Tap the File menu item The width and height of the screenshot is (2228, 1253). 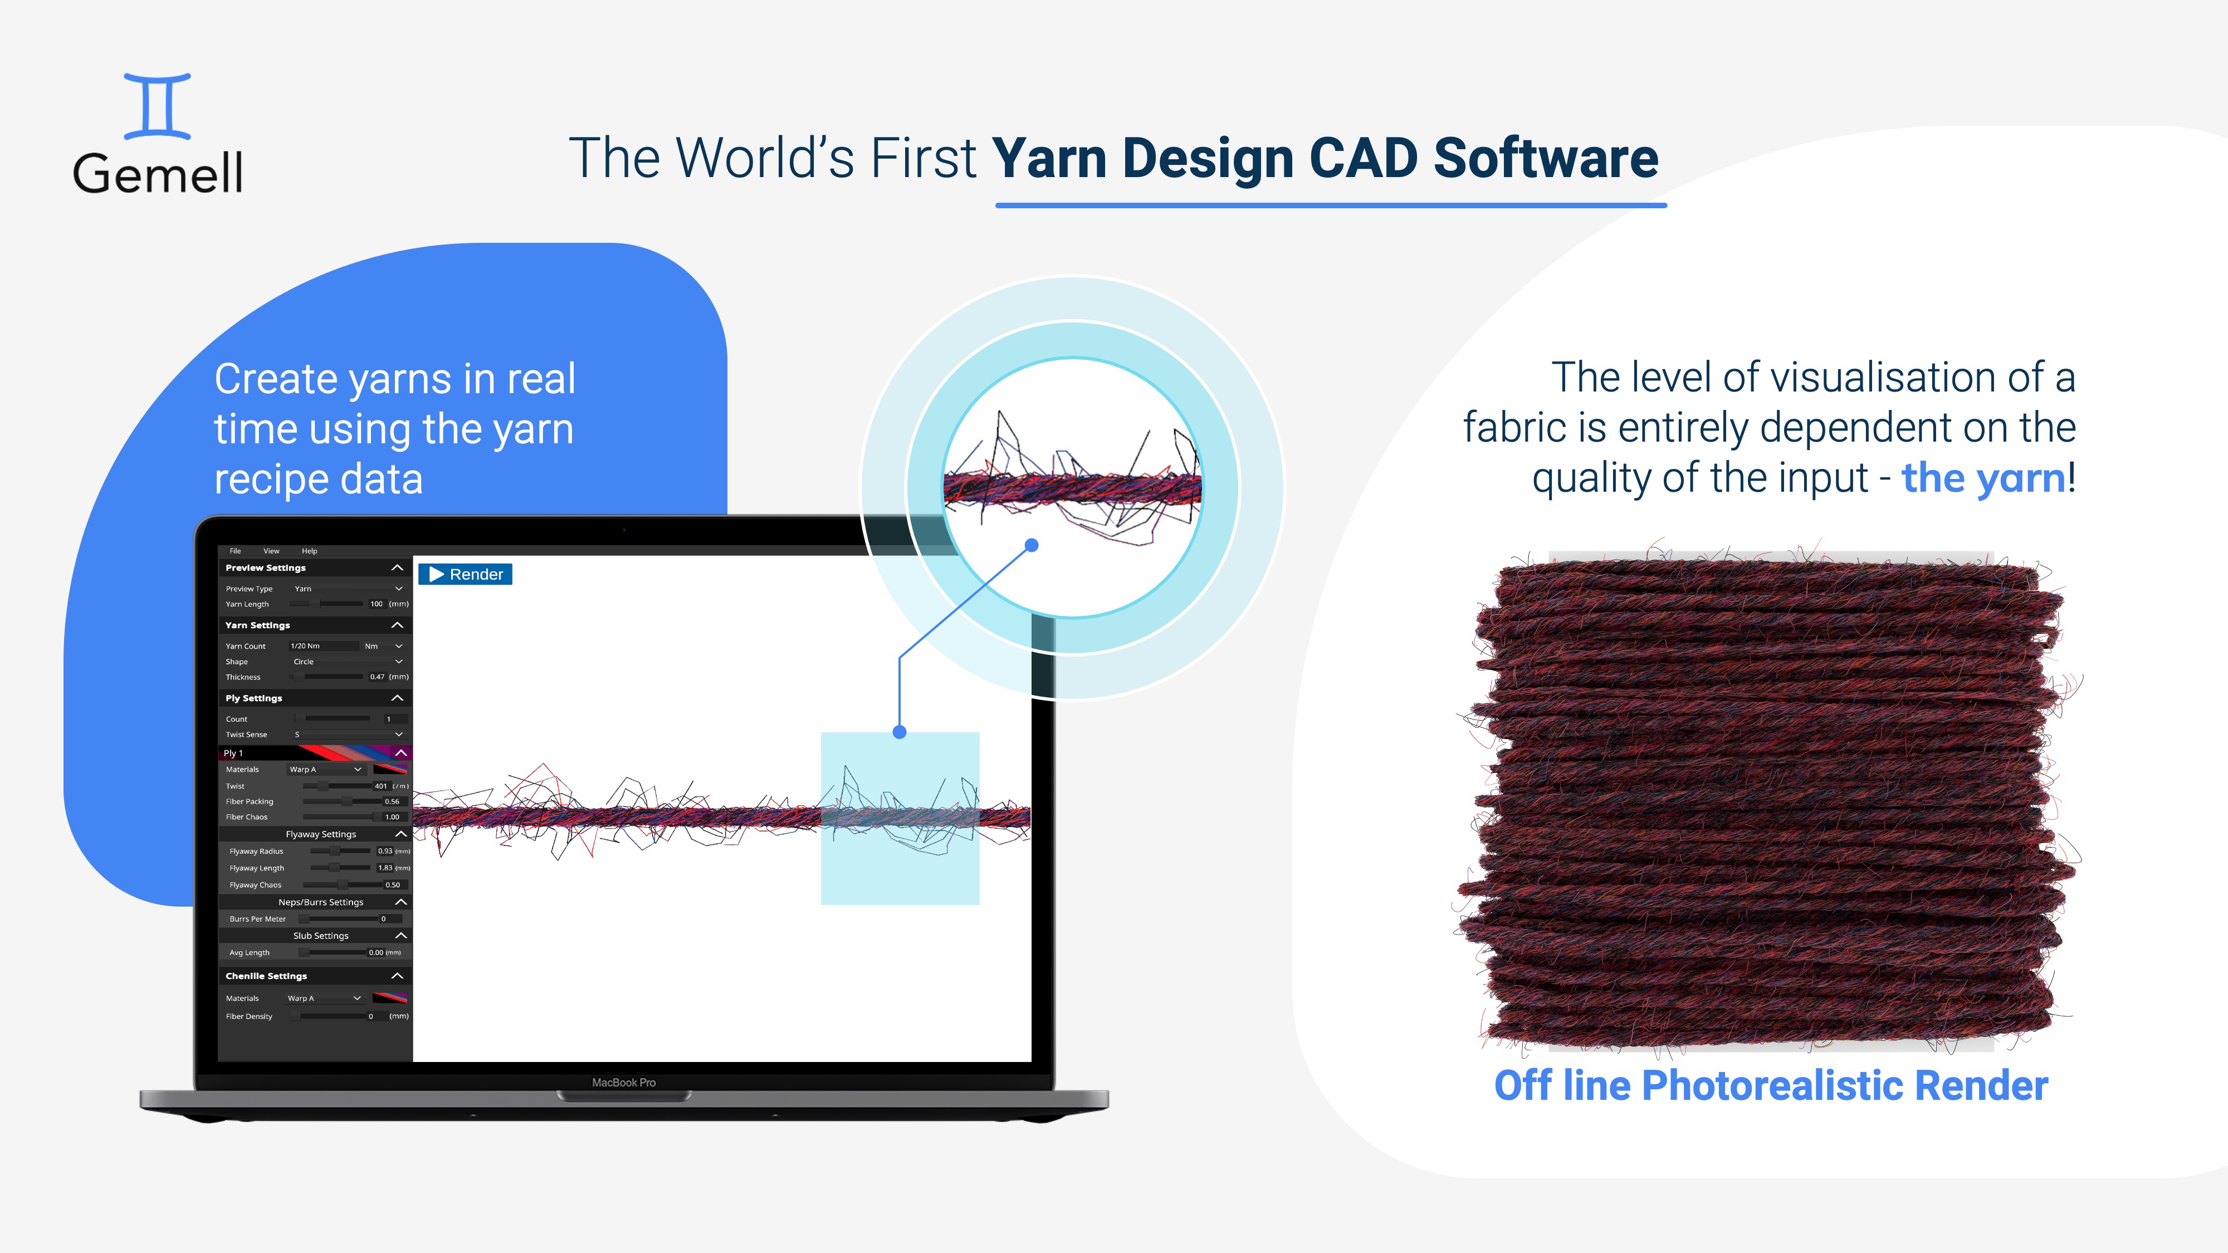235,551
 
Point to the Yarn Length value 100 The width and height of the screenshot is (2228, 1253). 376,604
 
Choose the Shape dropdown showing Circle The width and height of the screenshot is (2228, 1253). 346,662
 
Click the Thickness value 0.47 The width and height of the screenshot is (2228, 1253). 377,677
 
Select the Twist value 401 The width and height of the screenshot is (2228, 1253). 380,786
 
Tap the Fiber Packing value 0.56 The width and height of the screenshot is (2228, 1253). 392,801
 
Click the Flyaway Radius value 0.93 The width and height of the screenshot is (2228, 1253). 385,851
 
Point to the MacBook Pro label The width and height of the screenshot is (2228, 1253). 624,1083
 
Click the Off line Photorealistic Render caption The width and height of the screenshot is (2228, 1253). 1771,1086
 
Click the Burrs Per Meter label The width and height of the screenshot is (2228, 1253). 258,919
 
